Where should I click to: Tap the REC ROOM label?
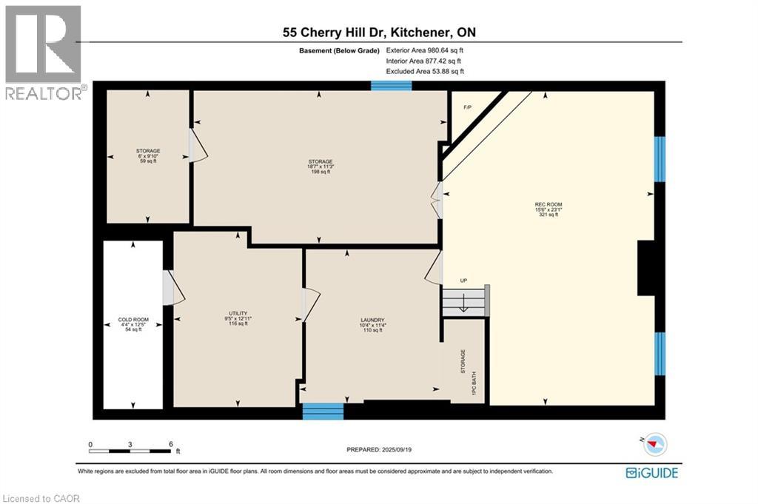tap(546, 204)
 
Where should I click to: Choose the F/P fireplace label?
tap(467, 108)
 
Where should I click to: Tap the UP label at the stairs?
tap(464, 280)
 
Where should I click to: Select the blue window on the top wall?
tap(391, 86)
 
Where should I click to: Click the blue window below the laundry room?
tap(323, 411)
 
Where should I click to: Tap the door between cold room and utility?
tap(173, 288)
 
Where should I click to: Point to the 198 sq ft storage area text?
tap(321, 172)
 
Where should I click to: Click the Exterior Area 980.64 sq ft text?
tap(424, 50)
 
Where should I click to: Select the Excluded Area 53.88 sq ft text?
tap(425, 71)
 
